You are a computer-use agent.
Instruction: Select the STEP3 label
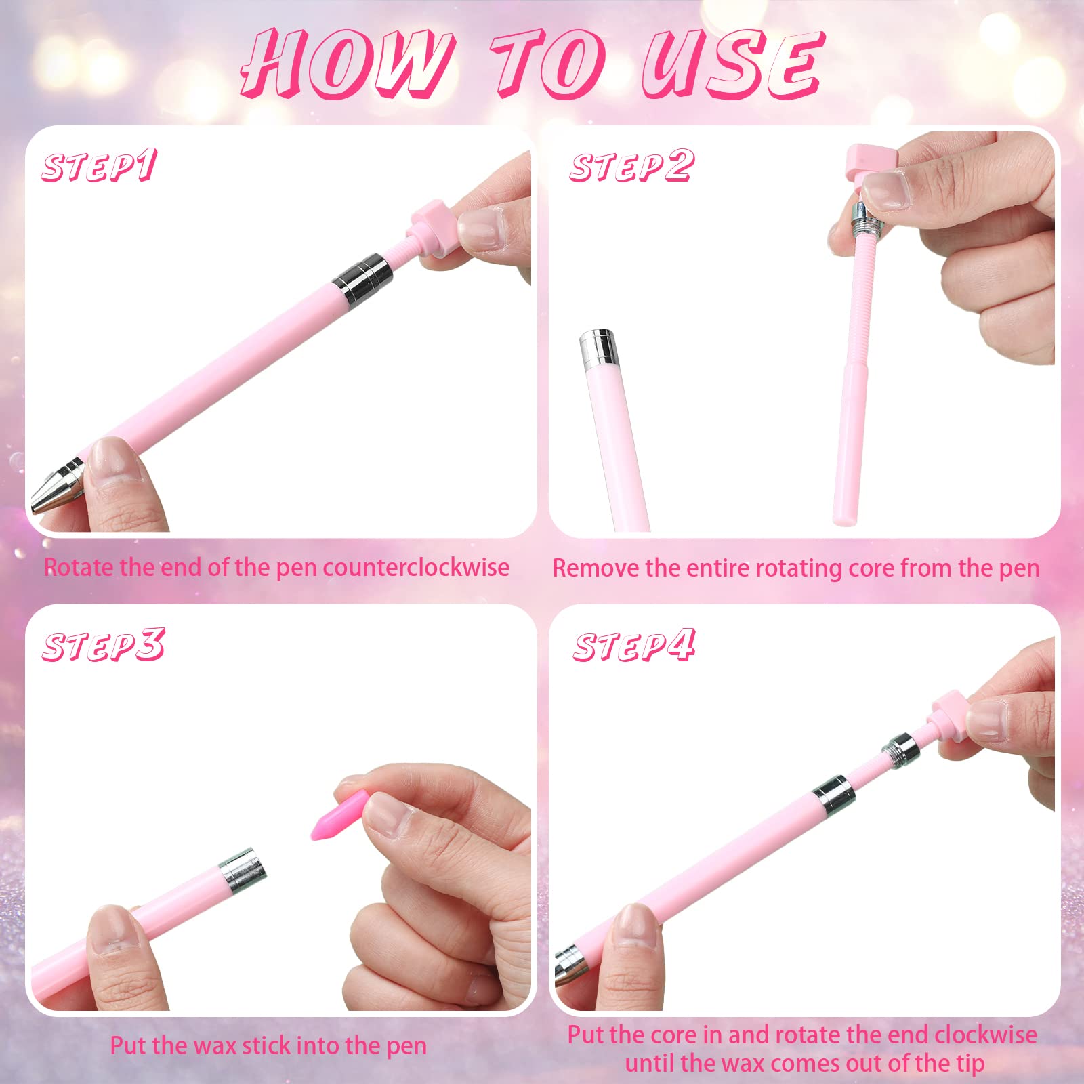point(104,645)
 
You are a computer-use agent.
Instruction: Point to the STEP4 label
point(634,645)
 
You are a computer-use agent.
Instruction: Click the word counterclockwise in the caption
point(416,568)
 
